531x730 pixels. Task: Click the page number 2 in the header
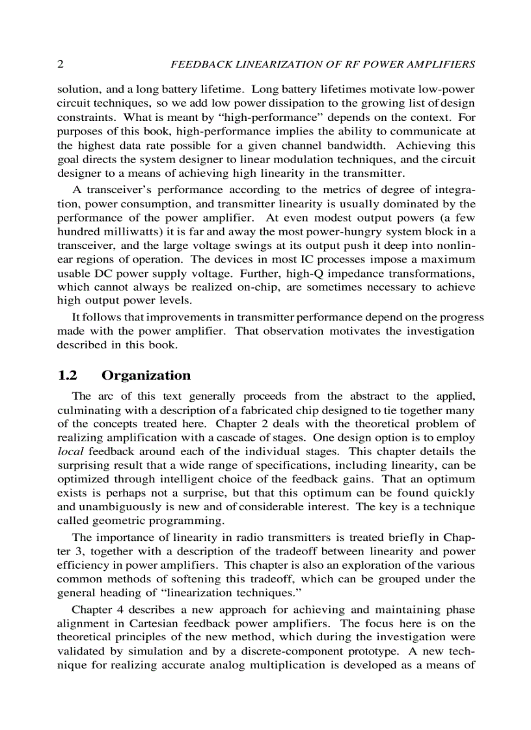click(x=61, y=64)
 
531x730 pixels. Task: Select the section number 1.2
click(x=68, y=375)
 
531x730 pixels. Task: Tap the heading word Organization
click(x=146, y=375)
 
